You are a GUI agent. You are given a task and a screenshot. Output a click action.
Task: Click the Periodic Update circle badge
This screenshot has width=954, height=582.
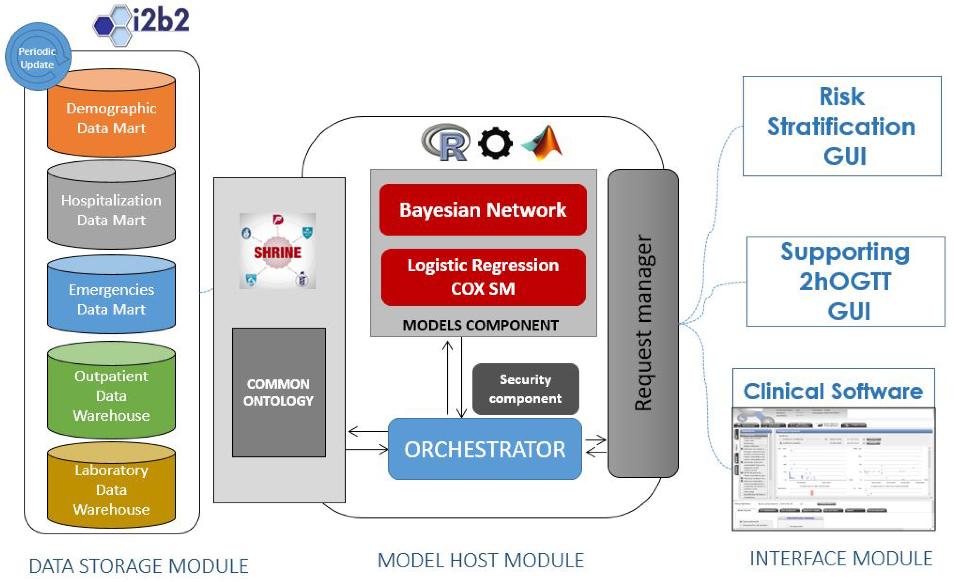coord(38,57)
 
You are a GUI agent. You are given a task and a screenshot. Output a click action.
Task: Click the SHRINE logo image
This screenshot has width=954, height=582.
coord(277,251)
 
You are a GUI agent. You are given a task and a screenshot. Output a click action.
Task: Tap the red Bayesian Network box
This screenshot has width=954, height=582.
coord(483,210)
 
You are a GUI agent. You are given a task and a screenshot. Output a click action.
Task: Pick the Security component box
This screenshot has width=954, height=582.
coord(525,389)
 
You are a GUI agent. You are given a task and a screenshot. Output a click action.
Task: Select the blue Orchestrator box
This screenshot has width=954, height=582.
coord(485,449)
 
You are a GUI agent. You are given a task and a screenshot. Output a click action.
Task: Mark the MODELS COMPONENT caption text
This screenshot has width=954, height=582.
coord(480,325)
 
